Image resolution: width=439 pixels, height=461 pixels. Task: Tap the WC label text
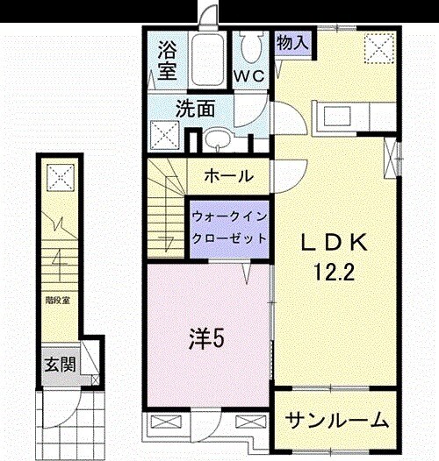point(248,75)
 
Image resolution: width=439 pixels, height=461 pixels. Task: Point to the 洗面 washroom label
point(195,110)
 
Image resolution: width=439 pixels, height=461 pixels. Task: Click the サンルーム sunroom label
point(338,421)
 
